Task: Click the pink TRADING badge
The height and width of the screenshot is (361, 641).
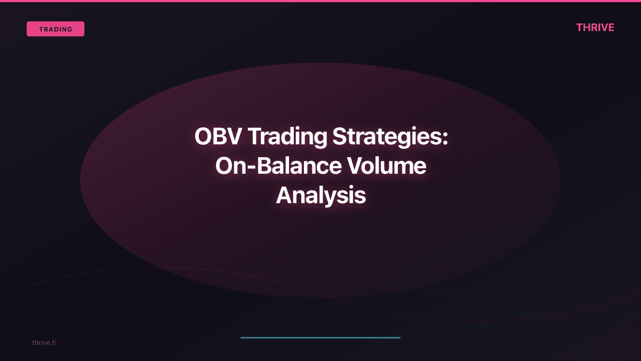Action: pyautogui.click(x=56, y=29)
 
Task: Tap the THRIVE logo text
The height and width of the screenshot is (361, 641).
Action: pyautogui.click(x=595, y=27)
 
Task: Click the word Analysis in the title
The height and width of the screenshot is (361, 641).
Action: pyautogui.click(x=320, y=196)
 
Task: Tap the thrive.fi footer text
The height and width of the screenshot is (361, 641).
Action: pyautogui.click(x=44, y=342)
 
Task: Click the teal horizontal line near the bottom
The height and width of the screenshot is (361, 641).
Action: pyautogui.click(x=320, y=337)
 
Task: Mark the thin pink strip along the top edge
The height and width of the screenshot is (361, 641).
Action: pyautogui.click(x=320, y=1)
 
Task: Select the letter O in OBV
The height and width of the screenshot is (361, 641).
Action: pyautogui.click(x=204, y=137)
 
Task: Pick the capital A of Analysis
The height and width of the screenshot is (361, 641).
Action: pyautogui.click(x=285, y=196)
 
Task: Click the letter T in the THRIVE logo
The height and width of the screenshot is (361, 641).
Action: pyautogui.click(x=580, y=27)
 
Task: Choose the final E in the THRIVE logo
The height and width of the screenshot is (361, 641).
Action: pyautogui.click(x=611, y=27)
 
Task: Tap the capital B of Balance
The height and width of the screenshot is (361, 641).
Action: pyautogui.click(x=266, y=166)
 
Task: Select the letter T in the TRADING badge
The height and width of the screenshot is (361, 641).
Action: pyautogui.click(x=41, y=29)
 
